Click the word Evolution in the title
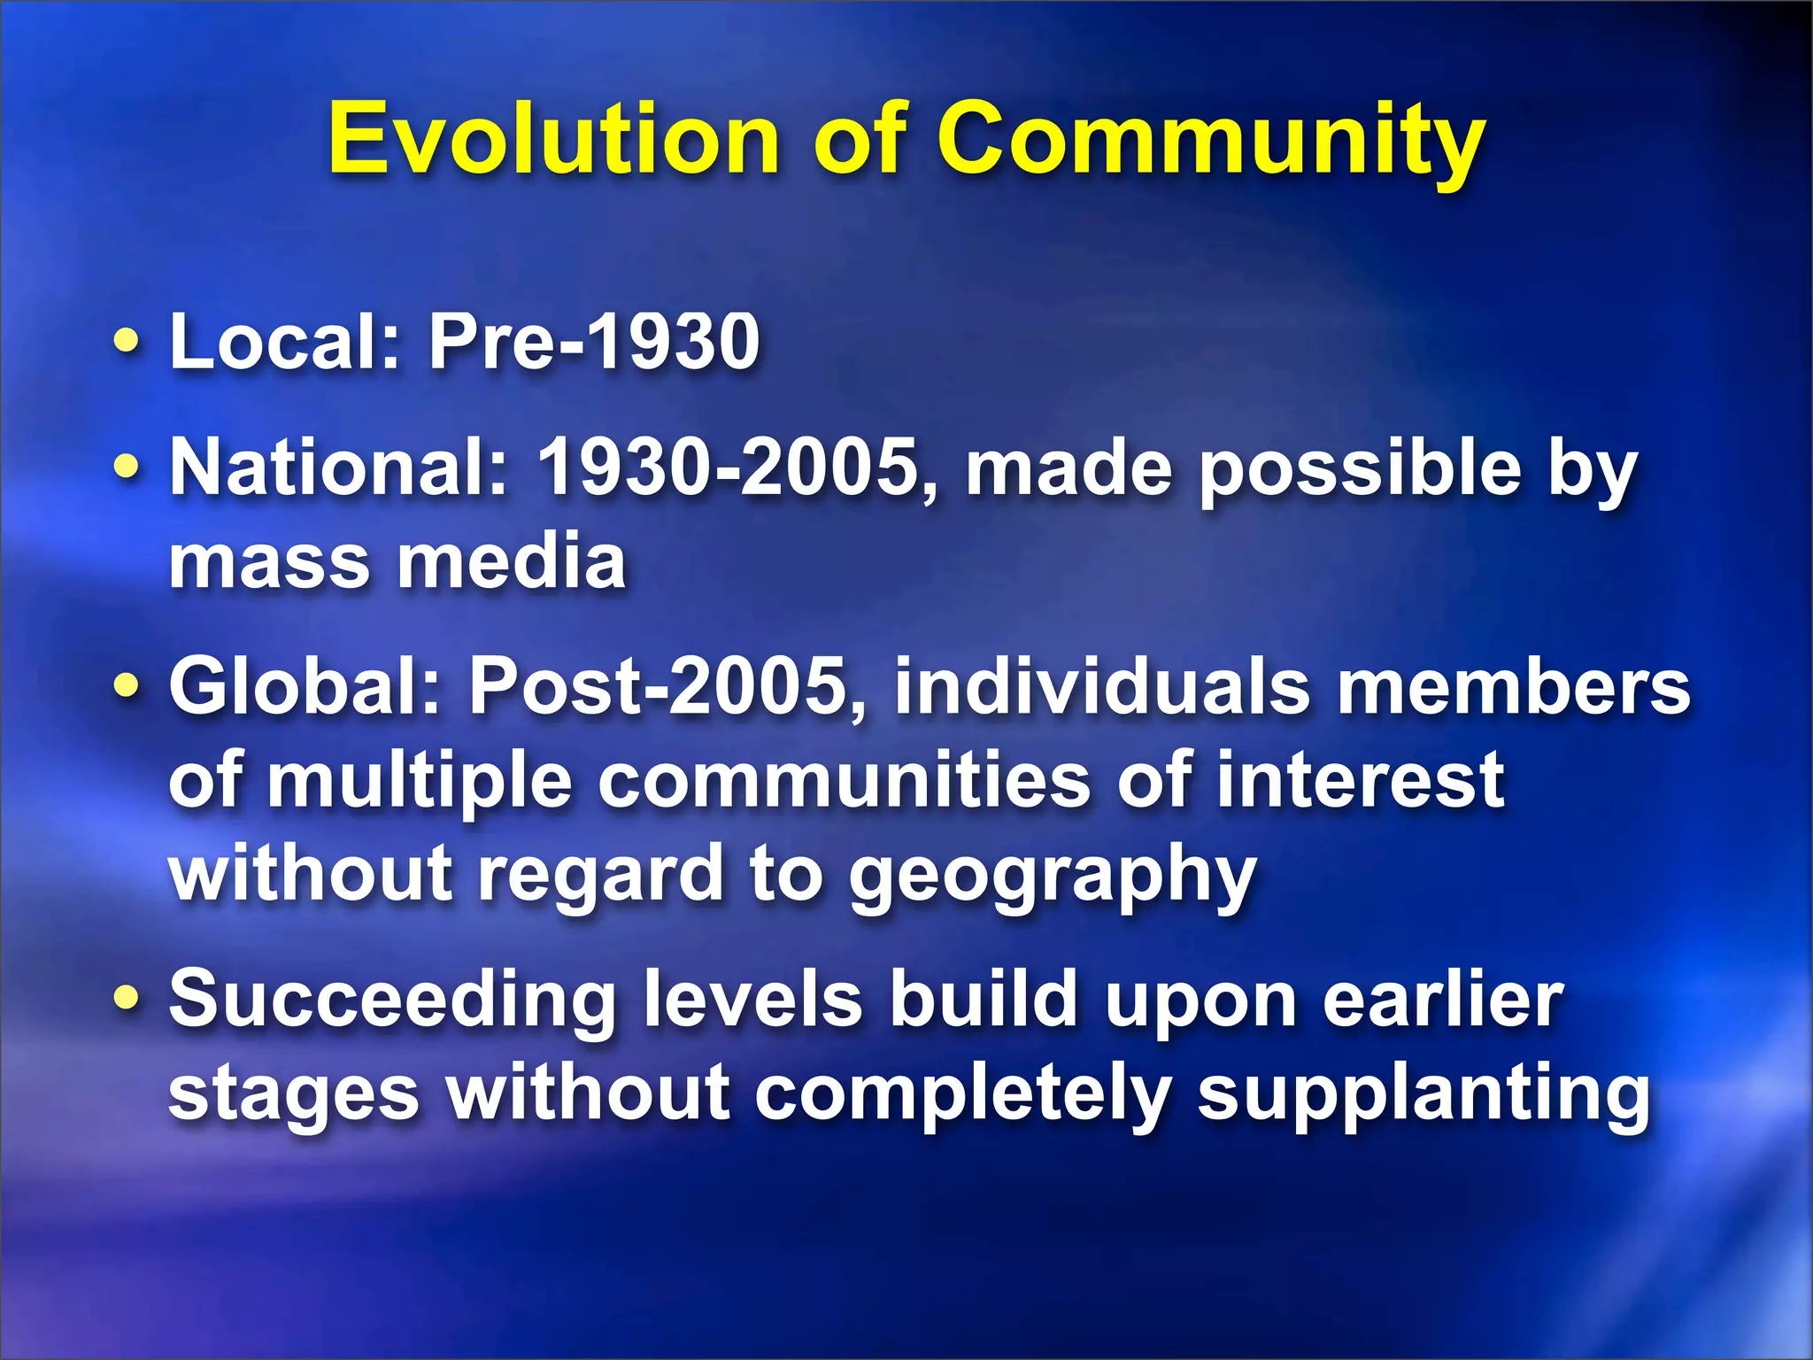click(553, 139)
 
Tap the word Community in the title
click(1210, 139)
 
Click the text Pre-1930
click(594, 342)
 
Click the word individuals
click(1101, 686)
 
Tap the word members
click(1513, 688)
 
